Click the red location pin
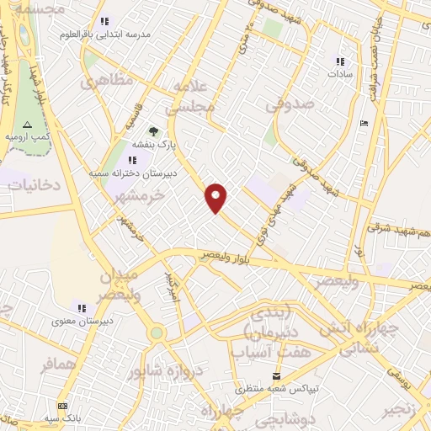[x=216, y=196]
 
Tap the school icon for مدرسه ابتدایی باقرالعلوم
[x=104, y=21]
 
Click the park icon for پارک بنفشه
[x=152, y=131]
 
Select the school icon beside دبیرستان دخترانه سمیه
[x=134, y=159]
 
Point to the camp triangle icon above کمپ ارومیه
[x=27, y=124]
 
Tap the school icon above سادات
[x=341, y=61]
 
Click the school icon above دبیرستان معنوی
[x=82, y=308]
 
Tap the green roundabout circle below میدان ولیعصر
[x=156, y=333]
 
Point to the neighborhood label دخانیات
[x=34, y=184]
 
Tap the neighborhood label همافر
[x=60, y=364]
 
